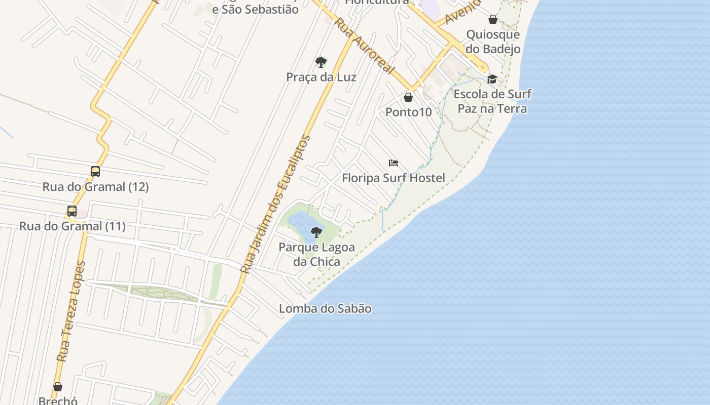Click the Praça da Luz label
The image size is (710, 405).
tap(321, 77)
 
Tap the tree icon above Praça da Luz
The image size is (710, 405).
tap(321, 62)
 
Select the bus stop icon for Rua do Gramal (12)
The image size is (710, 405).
tap(95, 172)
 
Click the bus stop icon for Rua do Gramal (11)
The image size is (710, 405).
tap(72, 211)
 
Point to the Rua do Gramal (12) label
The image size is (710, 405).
tap(95, 187)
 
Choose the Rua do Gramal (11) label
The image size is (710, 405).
tap(72, 226)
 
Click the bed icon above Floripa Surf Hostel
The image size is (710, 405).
tap(394, 163)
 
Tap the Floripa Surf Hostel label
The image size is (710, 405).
tap(394, 178)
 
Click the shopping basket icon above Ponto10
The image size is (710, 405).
tap(408, 97)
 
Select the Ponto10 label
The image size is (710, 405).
tap(408, 112)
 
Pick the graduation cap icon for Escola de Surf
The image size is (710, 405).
tap(492, 79)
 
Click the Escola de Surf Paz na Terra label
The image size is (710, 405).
tap(492, 101)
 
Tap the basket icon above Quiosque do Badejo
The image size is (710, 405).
tap(492, 20)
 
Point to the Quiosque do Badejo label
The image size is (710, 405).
tap(492, 42)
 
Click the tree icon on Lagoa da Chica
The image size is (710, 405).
tap(316, 232)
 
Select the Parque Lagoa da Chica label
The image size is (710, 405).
tap(316, 254)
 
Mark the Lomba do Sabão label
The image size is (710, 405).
tap(325, 308)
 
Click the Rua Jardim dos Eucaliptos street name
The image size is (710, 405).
tap(275, 205)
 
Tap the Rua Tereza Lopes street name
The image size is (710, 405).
tap(71, 312)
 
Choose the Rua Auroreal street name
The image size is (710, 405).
tap(364, 46)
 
